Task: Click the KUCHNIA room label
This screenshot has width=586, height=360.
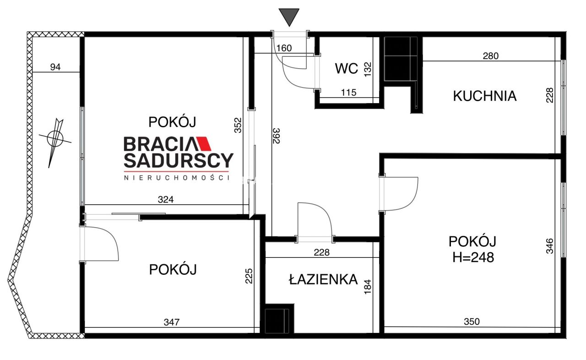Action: [484, 96]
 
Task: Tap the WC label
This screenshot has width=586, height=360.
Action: [346, 69]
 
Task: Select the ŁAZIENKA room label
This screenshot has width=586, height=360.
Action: [323, 279]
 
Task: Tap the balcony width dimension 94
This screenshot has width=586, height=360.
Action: [55, 67]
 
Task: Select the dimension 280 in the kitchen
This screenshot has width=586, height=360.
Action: [491, 56]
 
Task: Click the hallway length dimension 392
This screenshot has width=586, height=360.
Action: [276, 136]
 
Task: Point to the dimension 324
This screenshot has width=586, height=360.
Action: [166, 199]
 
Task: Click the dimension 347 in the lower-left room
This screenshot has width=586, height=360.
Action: [172, 322]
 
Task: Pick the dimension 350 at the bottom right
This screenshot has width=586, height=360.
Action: [472, 322]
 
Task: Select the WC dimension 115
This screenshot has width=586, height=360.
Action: [348, 93]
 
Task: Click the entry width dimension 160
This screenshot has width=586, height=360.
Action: [284, 48]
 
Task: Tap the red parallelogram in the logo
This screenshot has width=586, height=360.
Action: [201, 144]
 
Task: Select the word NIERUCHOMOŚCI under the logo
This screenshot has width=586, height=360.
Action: [176, 178]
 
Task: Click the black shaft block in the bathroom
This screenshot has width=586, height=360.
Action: [277, 319]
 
